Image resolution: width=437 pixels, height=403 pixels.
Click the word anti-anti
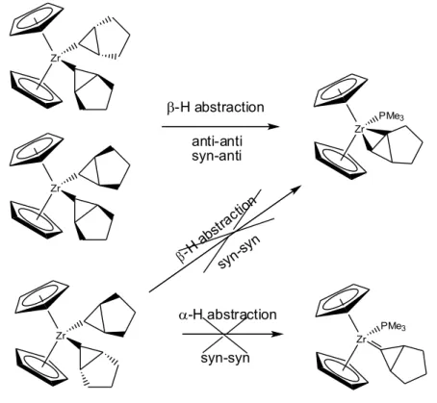click(x=217, y=141)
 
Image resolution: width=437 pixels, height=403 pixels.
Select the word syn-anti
click(x=217, y=156)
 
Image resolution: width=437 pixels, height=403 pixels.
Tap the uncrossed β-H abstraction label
click(x=216, y=107)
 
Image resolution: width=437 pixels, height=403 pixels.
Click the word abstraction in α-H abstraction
click(x=242, y=315)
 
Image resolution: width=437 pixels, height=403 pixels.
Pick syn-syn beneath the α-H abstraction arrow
click(x=225, y=358)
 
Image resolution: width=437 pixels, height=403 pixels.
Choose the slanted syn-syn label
click(x=239, y=253)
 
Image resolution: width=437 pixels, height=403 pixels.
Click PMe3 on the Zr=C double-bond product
click(x=393, y=326)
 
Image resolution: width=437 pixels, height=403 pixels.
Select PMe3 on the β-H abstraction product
click(x=391, y=116)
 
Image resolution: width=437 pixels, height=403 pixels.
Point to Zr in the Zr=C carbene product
click(x=361, y=340)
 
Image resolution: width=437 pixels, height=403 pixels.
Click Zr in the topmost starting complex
click(x=56, y=59)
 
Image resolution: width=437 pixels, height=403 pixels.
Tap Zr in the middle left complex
click(x=56, y=189)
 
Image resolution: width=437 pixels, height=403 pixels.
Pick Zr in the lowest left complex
click(x=61, y=336)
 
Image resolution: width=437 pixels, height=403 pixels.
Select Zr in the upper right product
click(x=359, y=129)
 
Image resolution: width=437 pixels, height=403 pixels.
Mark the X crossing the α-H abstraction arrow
click(x=225, y=335)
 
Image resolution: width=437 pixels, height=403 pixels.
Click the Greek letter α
click(x=183, y=315)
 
